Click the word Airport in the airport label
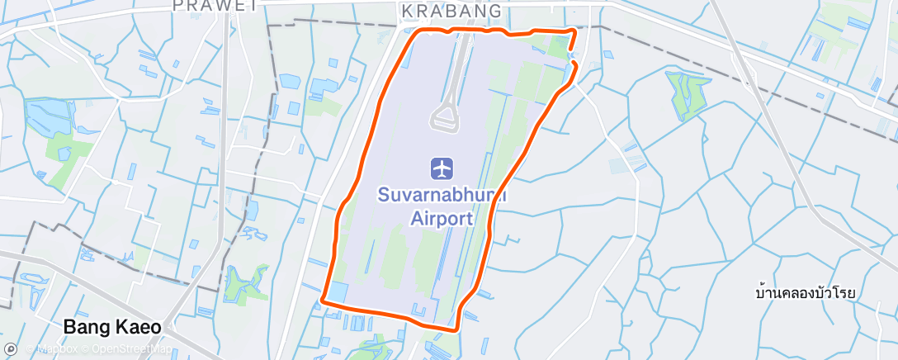(x=442, y=219)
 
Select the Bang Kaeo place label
(x=112, y=327)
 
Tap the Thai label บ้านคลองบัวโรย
(x=804, y=293)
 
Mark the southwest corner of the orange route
(x=323, y=301)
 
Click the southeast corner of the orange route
(x=455, y=329)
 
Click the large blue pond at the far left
(x=41, y=117)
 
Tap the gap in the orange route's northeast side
(x=571, y=56)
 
